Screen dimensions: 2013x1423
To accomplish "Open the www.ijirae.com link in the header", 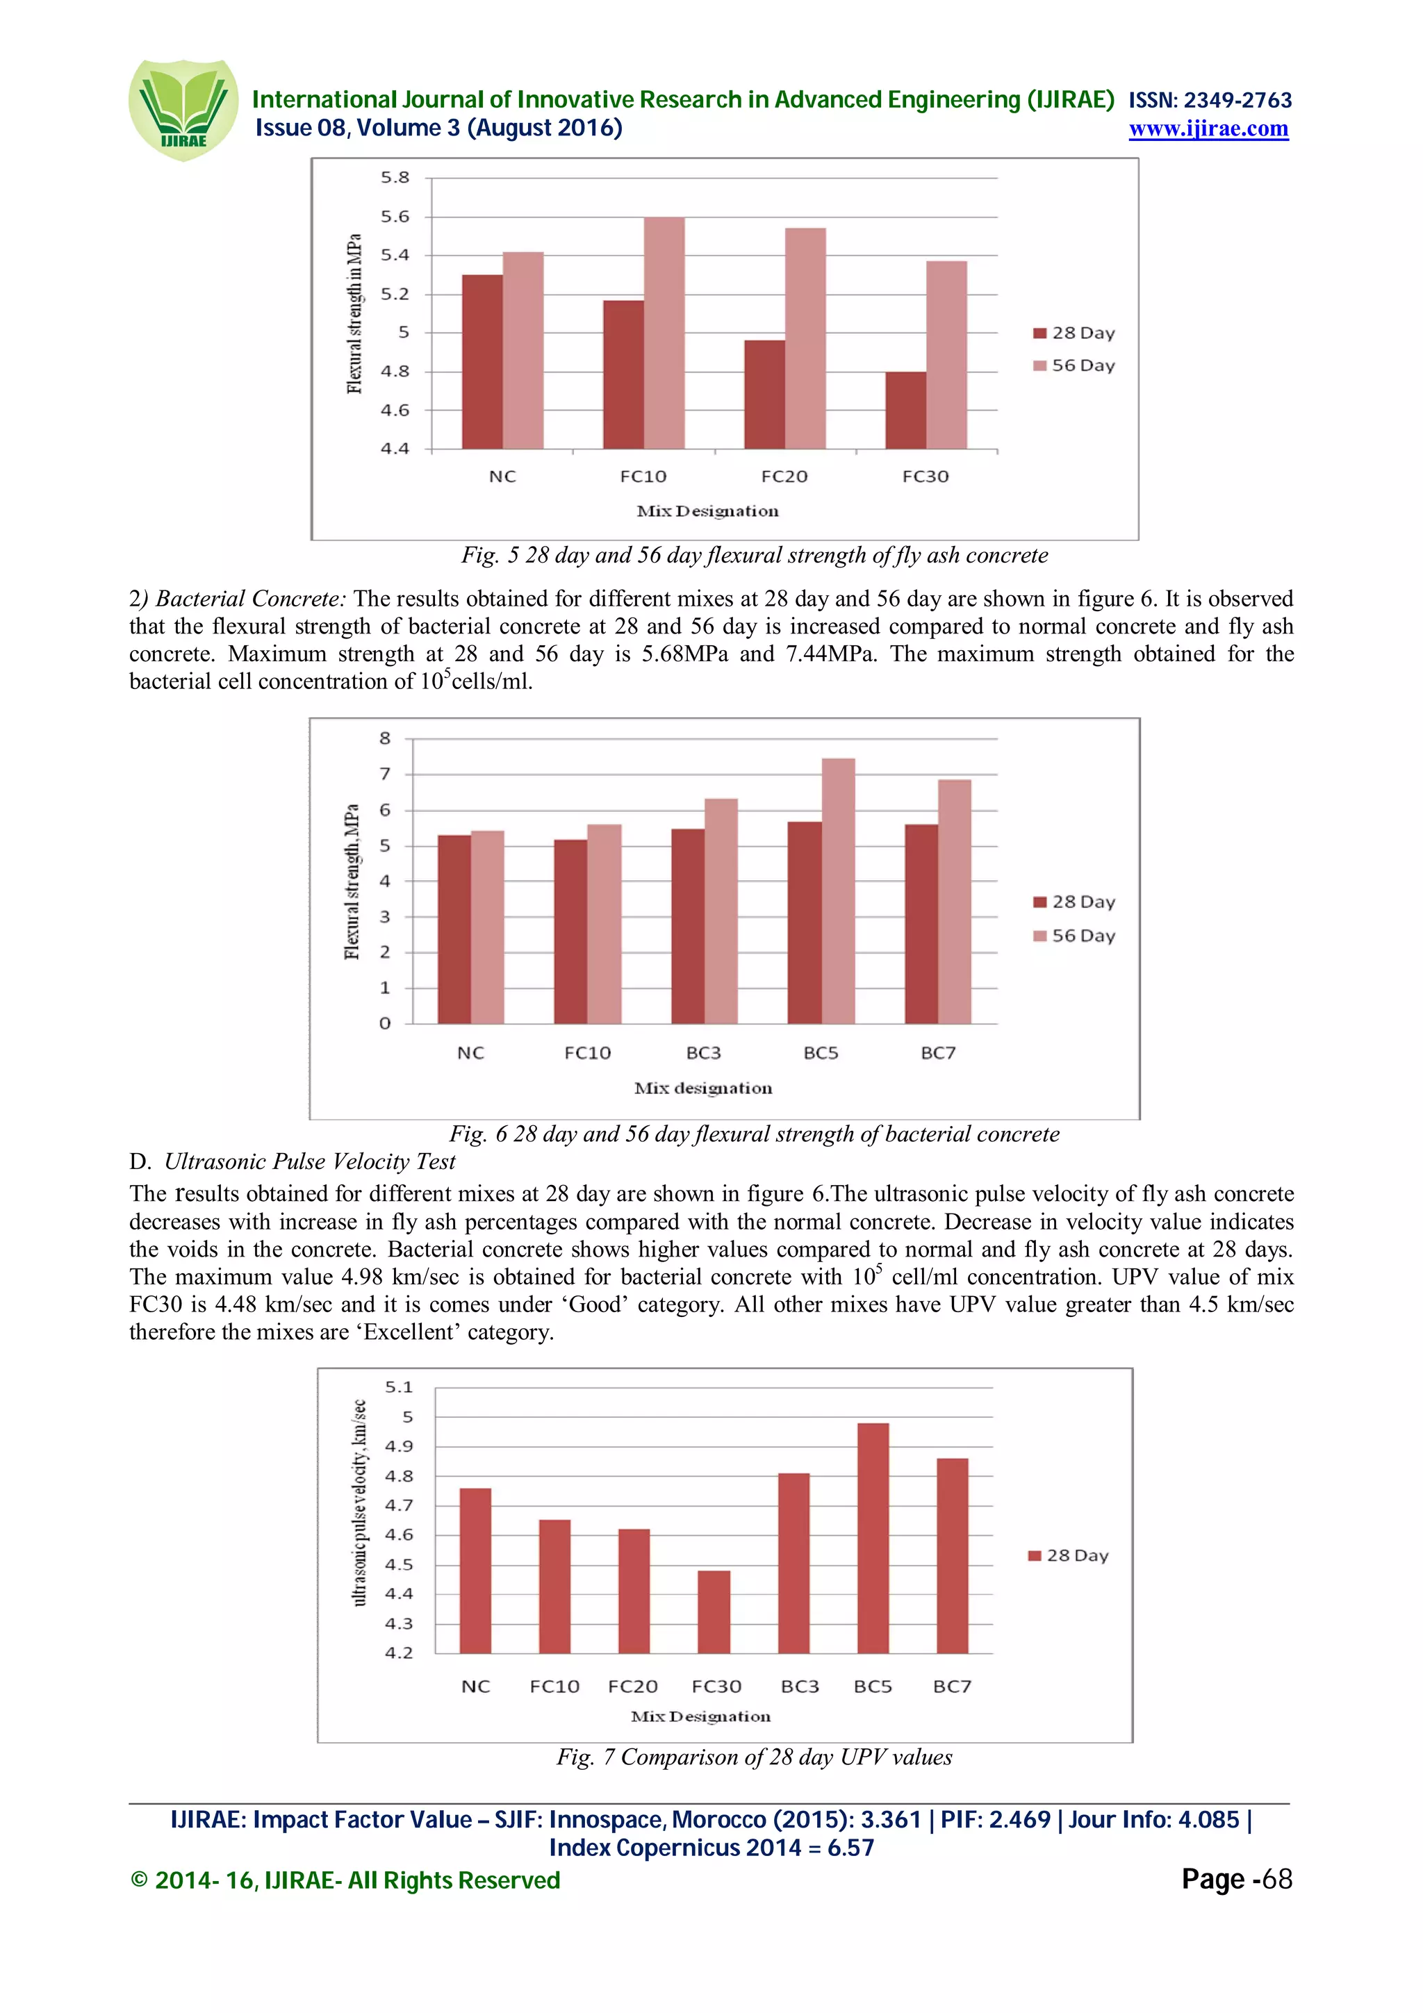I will pyautogui.click(x=1208, y=129).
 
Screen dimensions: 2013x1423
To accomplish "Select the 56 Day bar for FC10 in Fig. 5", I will pyautogui.click(x=664, y=333).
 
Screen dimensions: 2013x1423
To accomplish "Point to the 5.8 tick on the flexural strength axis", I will pyautogui.click(x=395, y=178).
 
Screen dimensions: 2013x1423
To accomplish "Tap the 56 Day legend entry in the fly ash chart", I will pyautogui.click(x=1074, y=365).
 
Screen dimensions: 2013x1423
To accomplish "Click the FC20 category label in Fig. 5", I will pyautogui.click(x=784, y=476).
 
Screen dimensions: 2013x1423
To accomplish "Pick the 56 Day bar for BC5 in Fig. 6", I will pyautogui.click(x=837, y=890).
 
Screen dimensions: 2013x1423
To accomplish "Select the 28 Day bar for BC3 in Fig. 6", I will pyautogui.click(x=687, y=926).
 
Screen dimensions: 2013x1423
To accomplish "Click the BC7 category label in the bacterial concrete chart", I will pyautogui.click(x=937, y=1053).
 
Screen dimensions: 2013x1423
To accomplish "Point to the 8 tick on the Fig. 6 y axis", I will pyautogui.click(x=384, y=738).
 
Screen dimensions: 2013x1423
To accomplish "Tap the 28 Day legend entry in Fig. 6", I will pyautogui.click(x=1074, y=902).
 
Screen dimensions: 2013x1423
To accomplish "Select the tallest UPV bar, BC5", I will pyautogui.click(x=873, y=1538).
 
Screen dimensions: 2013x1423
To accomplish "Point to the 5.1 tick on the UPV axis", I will pyautogui.click(x=398, y=1387).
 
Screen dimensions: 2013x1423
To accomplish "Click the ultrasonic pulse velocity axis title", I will pyautogui.click(x=359, y=1502).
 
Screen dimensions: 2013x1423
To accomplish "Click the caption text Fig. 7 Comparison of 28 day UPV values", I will pyautogui.click(x=754, y=1757).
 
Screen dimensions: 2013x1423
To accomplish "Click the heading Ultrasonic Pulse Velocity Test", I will pyautogui.click(x=309, y=1161).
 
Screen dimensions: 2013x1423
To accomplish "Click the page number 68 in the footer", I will pyautogui.click(x=1276, y=1879).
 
